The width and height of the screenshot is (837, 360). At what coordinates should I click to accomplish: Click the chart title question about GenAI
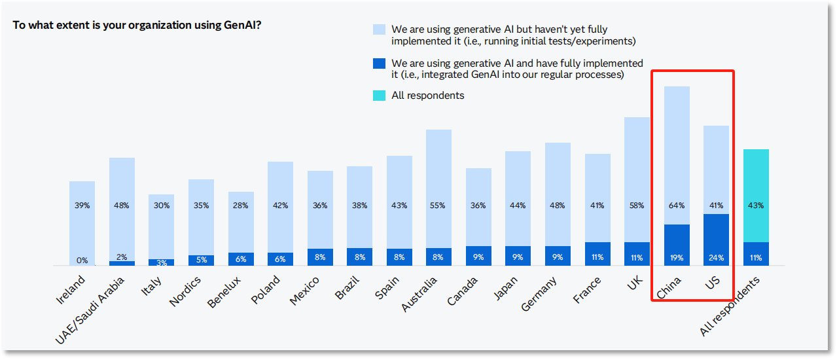137,26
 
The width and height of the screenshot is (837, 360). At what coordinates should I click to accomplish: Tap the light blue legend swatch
379,29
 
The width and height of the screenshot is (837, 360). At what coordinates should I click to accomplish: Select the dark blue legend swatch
379,63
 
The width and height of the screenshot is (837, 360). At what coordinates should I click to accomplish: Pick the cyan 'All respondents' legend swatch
379,96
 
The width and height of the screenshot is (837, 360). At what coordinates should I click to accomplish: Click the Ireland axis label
71,291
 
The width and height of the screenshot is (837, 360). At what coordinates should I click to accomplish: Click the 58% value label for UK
637,206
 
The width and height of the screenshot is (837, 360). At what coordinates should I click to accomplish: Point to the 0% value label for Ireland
82,261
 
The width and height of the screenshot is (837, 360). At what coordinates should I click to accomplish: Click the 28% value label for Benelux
241,206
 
